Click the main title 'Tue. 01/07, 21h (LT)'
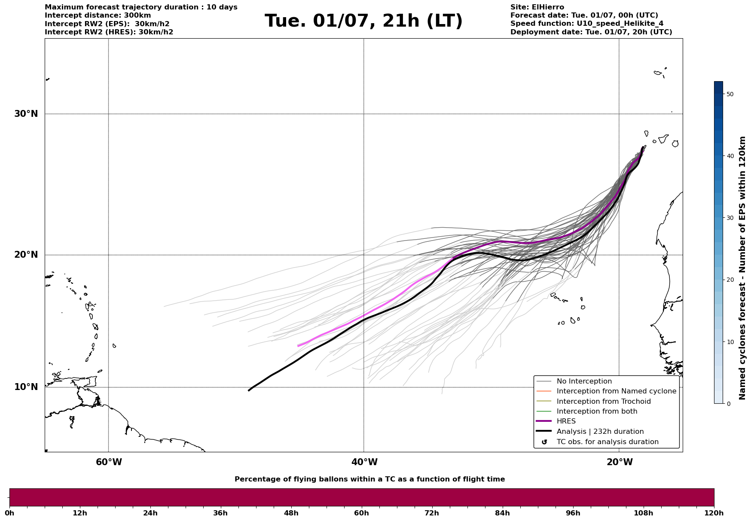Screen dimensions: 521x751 (363, 21)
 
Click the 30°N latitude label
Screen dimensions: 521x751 (26, 114)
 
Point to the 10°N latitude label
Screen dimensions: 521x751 (26, 387)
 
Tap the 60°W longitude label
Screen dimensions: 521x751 (109, 462)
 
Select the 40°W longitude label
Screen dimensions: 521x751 (364, 462)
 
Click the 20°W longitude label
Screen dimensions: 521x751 (620, 462)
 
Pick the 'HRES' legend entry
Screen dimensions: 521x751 (566, 421)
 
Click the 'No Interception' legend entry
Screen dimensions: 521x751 (584, 381)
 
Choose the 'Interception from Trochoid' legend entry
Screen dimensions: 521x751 (603, 402)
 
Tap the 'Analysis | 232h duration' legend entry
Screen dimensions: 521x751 (600, 432)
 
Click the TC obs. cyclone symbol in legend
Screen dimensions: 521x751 (544, 442)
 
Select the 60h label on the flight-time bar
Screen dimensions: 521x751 (361, 513)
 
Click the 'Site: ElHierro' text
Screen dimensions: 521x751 (537, 7)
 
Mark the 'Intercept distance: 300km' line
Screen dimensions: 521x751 (98, 15)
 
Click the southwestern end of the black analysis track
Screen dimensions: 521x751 (249, 390)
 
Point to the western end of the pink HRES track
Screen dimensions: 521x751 (298, 346)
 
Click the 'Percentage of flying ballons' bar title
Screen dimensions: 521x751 (369, 479)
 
